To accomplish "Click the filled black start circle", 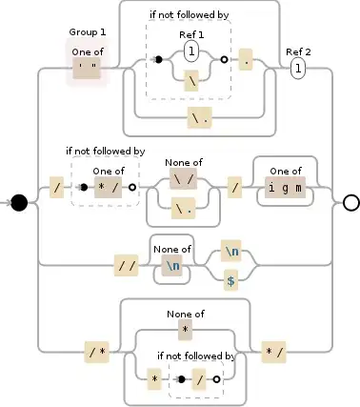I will tap(18, 203).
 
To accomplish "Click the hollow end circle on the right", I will tap(350, 202).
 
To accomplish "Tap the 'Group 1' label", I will tap(88, 32).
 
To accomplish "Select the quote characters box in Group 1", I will tap(89, 68).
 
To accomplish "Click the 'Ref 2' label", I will tap(297, 51).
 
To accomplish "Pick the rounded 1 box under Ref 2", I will tap(298, 69).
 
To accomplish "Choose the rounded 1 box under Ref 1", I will tap(191, 50).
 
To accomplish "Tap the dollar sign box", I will tap(230, 281).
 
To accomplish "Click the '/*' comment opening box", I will tap(97, 353).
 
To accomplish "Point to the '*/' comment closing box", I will tap(274, 353).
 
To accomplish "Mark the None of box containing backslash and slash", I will tap(184, 177).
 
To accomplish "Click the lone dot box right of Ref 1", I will tap(246, 60).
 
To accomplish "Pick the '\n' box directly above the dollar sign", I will tap(230, 253).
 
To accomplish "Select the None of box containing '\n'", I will tap(172, 266).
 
